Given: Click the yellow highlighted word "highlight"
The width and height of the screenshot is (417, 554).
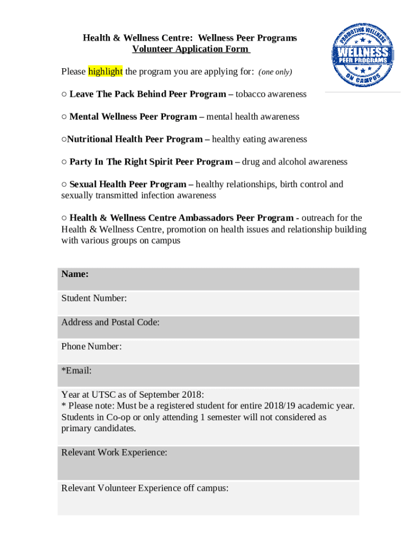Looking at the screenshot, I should point(106,71).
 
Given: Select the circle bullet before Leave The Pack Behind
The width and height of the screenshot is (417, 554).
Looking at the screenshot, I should point(64,94).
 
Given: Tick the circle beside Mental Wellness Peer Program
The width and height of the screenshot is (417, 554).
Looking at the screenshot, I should point(64,117).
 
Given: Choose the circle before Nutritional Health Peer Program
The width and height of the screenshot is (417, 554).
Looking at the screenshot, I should point(64,140).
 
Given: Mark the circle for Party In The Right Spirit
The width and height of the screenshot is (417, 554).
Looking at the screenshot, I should point(64,162).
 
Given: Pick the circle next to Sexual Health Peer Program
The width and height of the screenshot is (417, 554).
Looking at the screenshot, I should point(64,184).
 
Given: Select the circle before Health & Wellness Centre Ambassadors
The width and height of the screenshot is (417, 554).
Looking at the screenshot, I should point(64,218).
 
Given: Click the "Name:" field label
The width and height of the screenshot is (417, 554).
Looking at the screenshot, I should point(75,274).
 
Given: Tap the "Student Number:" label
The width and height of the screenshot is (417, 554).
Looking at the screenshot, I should point(94,298).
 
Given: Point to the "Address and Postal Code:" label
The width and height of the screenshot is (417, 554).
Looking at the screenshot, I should point(110,322).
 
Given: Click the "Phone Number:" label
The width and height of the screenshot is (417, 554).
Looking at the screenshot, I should point(91,346).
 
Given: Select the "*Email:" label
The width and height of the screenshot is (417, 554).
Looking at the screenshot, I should point(76,371).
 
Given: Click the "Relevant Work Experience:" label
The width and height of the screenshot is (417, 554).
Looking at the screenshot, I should point(114,453).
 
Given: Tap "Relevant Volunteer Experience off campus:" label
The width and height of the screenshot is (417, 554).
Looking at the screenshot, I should point(145,488).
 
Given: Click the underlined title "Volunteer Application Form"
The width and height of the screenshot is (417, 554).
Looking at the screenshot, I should point(190,49).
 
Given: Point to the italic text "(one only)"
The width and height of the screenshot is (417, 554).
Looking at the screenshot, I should point(275,72).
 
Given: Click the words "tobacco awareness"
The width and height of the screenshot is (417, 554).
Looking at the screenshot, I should point(271,94).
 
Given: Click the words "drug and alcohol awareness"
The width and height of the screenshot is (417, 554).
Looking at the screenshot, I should point(295,162).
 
